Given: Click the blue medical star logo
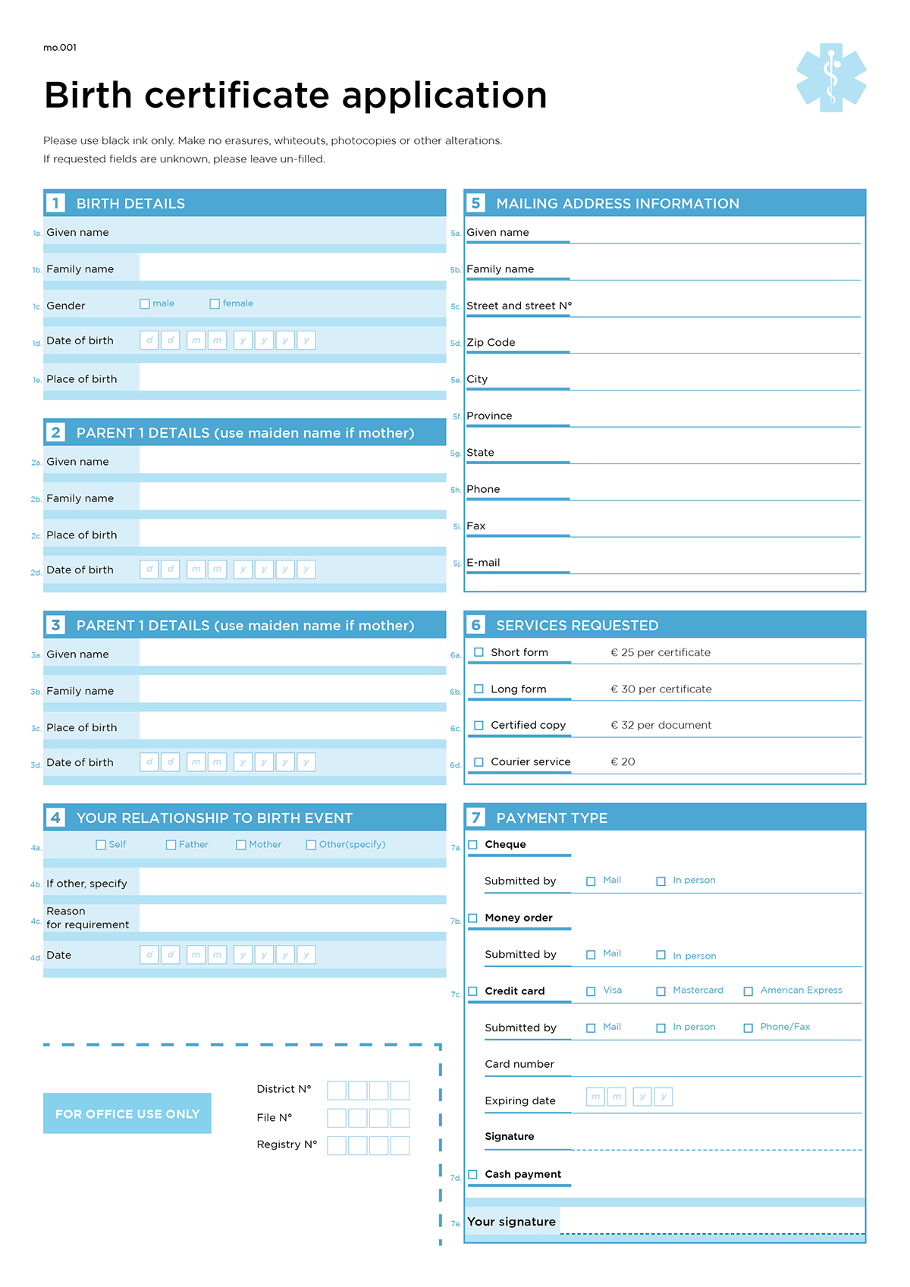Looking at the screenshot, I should pyautogui.click(x=831, y=77).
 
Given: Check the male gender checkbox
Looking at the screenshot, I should pyautogui.click(x=145, y=304).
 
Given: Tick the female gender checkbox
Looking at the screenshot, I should pyautogui.click(x=215, y=304).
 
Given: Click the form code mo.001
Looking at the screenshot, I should pyautogui.click(x=60, y=48).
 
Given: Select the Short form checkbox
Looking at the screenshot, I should pyautogui.click(x=479, y=652).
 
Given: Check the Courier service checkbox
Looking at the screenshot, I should pyautogui.click(x=479, y=762).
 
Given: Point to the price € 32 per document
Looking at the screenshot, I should pyautogui.click(x=661, y=725).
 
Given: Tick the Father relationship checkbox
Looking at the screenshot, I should pyautogui.click(x=171, y=845).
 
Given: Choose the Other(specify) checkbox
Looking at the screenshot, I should pyautogui.click(x=311, y=845).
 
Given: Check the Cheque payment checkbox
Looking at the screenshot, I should pyautogui.click(x=473, y=845).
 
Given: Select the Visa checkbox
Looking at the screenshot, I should pyautogui.click(x=591, y=991).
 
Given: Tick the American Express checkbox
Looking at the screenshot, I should pyautogui.click(x=748, y=991).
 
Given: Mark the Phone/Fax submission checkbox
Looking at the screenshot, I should pyautogui.click(x=748, y=1028).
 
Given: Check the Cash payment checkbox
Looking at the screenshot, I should pyautogui.click(x=473, y=1175).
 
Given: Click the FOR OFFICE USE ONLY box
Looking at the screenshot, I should pyautogui.click(x=127, y=1113).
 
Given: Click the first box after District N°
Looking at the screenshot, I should pyautogui.click(x=337, y=1091).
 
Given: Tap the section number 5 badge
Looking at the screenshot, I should pyautogui.click(x=476, y=203).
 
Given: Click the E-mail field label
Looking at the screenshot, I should pyautogui.click(x=484, y=563).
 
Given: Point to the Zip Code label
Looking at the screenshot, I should pyautogui.click(x=491, y=343).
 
